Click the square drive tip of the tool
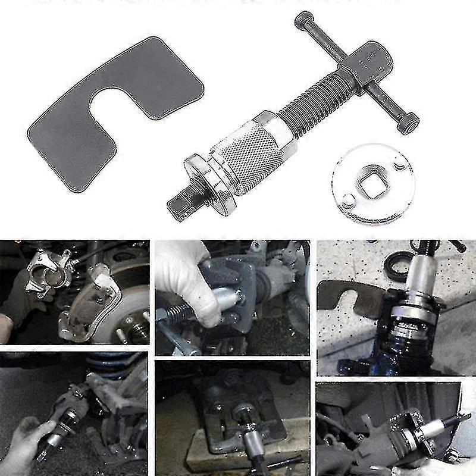click(179, 204)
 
